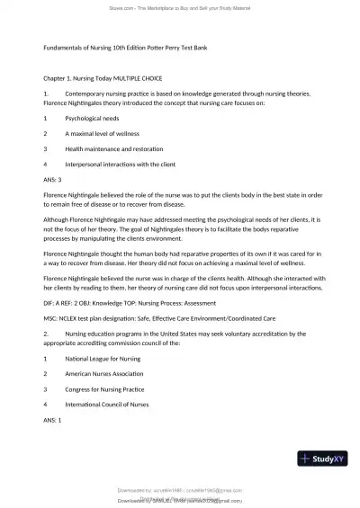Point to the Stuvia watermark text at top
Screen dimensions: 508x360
coord(180,7)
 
